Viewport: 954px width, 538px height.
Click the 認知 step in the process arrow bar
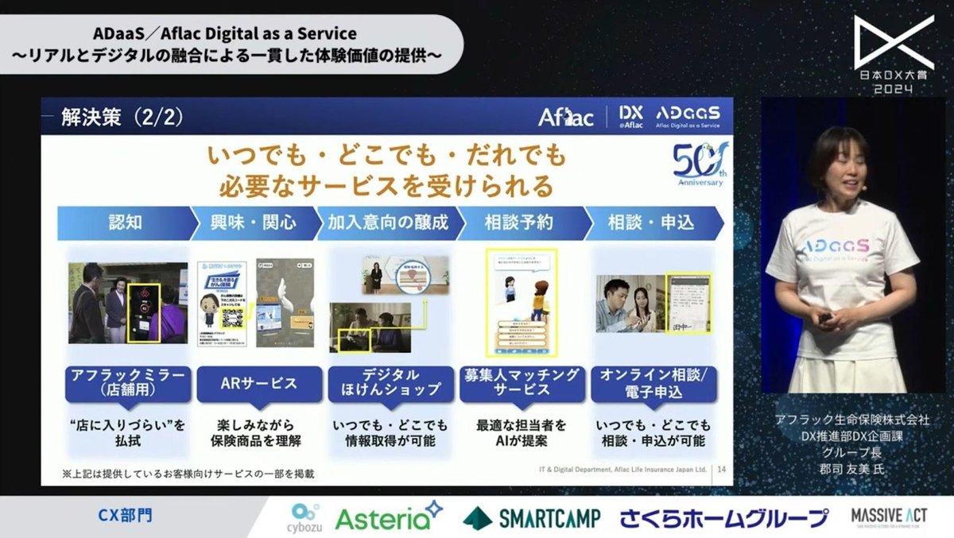pos(125,223)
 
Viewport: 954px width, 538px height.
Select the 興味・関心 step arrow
pos(254,223)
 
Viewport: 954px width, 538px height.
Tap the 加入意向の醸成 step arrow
pos(388,223)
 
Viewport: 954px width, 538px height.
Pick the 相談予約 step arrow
pos(518,223)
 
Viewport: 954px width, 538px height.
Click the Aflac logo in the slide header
pos(566,118)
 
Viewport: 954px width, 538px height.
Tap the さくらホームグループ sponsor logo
pos(724,518)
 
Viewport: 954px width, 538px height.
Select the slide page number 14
pos(721,470)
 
